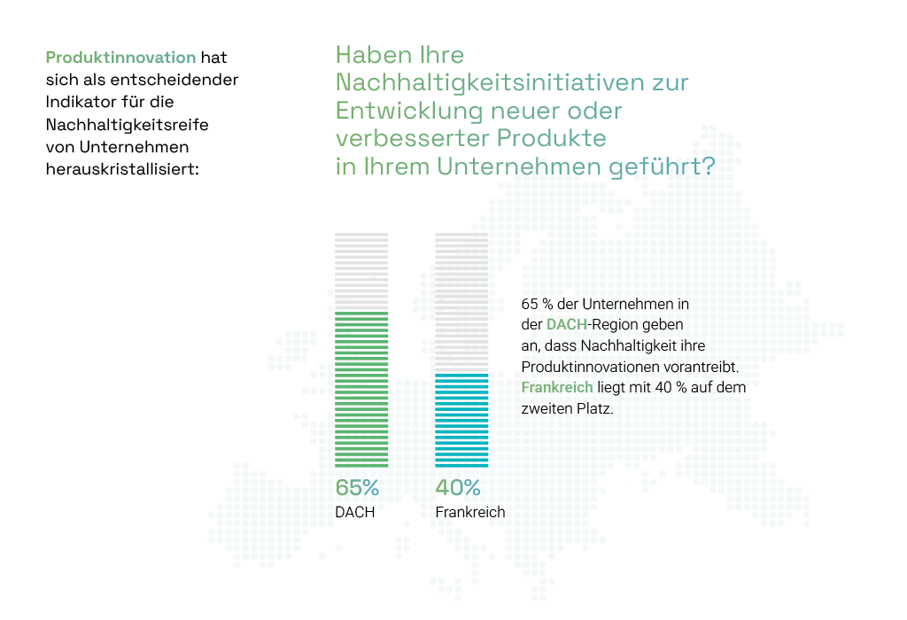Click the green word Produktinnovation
(120, 58)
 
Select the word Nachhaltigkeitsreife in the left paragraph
(128, 125)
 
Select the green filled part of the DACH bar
(361, 389)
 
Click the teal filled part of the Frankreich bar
(461, 421)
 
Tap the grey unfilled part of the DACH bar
(361, 272)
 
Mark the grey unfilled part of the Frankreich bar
(461, 303)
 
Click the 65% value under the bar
(357, 488)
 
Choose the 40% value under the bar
(458, 488)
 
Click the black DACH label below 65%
(355, 513)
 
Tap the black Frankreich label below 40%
(470, 513)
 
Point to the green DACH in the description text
(567, 324)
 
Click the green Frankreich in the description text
(557, 388)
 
